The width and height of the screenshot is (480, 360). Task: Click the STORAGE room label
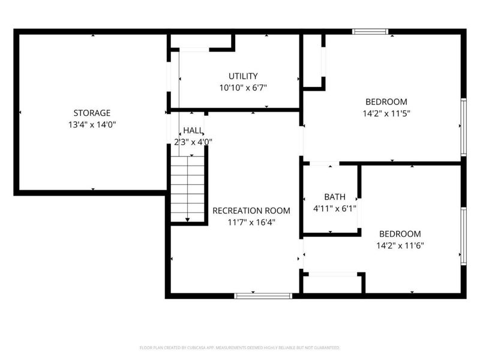pos(92,113)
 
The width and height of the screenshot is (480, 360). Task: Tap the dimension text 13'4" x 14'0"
pos(92,124)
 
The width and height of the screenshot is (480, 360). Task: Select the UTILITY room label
pos(243,76)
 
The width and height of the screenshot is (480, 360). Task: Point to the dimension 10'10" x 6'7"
pos(243,88)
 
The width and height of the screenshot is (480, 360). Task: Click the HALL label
pos(193,130)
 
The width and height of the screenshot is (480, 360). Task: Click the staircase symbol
pos(188,188)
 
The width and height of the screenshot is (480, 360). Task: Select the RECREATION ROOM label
pos(251,211)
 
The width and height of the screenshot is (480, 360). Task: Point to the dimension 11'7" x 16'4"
pos(251,222)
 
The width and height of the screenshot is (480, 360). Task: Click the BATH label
pos(335,197)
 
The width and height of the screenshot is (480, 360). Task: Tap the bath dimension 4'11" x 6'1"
pos(335,208)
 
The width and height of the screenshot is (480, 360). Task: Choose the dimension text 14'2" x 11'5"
pos(386,113)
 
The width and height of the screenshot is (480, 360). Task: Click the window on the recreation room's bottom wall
pos(263,295)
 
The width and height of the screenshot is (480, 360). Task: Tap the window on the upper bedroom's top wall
pos(370,32)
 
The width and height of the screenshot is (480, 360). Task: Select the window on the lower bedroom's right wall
pos(463,235)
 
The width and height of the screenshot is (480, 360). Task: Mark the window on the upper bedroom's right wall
pos(463,127)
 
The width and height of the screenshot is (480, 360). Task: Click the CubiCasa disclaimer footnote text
pos(240,347)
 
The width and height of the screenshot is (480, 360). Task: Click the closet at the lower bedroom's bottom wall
pos(333,284)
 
